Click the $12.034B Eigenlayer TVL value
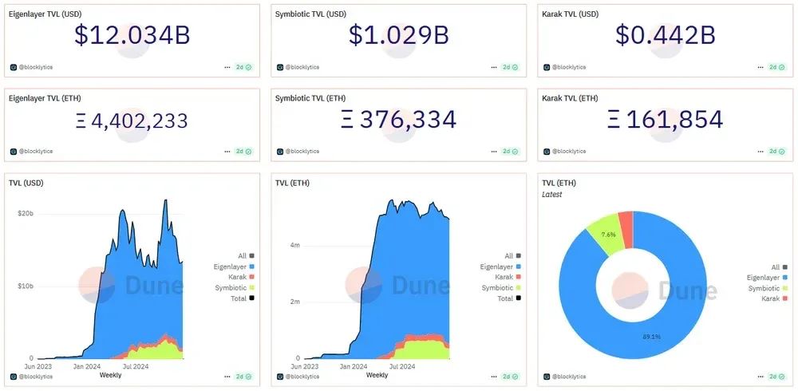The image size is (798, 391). click(x=132, y=35)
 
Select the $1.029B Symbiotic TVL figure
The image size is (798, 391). click(x=398, y=35)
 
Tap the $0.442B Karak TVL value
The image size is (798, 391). click(x=665, y=35)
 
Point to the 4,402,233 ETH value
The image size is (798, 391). click(x=132, y=120)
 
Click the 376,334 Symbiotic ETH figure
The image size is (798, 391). click(x=398, y=120)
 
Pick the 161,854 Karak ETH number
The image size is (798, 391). click(x=665, y=120)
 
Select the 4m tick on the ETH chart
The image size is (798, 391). click(x=294, y=245)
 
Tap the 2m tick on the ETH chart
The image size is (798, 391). click(x=294, y=302)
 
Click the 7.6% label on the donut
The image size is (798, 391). click(x=609, y=234)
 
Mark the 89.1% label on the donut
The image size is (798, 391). click(x=651, y=336)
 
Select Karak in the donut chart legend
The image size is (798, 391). click(x=769, y=298)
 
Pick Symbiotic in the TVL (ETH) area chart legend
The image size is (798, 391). click(x=497, y=287)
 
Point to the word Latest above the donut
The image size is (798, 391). click(x=551, y=195)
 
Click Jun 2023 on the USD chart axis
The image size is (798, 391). click(x=40, y=366)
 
